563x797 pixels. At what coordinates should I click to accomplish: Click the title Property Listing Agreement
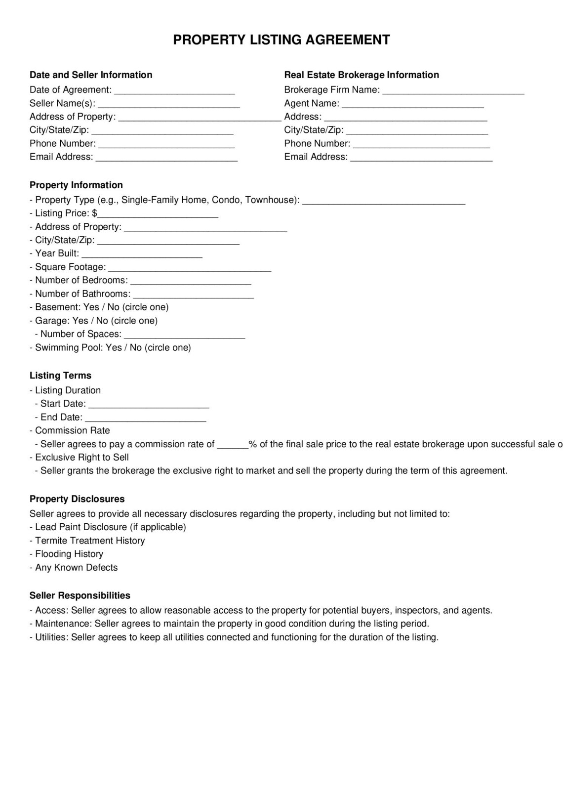(x=281, y=40)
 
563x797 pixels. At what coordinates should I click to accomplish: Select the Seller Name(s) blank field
(x=168, y=104)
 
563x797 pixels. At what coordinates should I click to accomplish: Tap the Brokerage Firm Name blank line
(x=453, y=91)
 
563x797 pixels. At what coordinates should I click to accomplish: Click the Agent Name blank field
(x=412, y=104)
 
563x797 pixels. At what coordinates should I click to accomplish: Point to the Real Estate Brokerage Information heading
(x=361, y=75)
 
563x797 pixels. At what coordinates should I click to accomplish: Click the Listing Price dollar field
(x=158, y=214)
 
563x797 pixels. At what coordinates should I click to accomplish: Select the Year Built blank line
(x=142, y=254)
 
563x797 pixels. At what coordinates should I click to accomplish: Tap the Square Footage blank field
(x=189, y=268)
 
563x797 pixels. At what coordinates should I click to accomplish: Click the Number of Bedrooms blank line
(x=191, y=281)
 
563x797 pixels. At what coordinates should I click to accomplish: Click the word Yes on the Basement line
(x=91, y=307)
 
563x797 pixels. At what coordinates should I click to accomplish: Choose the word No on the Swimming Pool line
(x=136, y=348)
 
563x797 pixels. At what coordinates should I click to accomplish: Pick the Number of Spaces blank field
(x=184, y=335)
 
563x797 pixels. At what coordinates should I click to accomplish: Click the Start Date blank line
(x=149, y=405)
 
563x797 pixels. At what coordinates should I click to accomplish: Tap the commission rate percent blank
(x=232, y=445)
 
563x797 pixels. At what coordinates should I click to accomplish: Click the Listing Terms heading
(x=60, y=376)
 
